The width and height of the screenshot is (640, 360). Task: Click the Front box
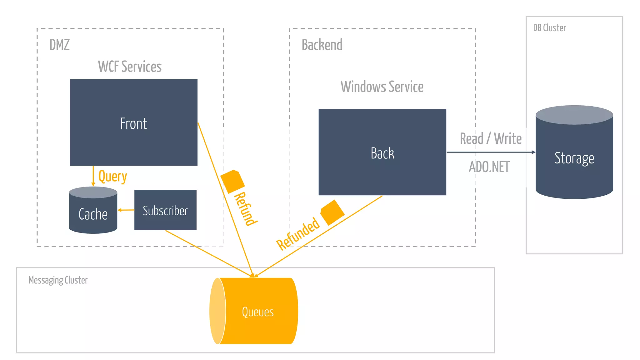click(133, 122)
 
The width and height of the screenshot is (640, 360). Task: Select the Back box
click(382, 152)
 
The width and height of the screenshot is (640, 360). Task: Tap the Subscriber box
click(165, 210)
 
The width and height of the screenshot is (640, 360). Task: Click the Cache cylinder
click(93, 212)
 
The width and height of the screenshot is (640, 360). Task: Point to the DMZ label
click(60, 45)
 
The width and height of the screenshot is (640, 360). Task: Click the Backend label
click(322, 45)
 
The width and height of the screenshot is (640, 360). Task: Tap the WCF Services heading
click(130, 67)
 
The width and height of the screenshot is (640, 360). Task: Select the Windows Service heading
click(382, 87)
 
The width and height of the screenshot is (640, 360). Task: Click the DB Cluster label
click(549, 28)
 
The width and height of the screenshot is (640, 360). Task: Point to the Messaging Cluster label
click(58, 280)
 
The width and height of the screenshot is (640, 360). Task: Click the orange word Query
click(112, 177)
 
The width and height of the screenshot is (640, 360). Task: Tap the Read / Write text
click(491, 138)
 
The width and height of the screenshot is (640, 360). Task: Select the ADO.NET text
click(489, 167)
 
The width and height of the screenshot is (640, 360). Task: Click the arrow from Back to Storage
click(491, 152)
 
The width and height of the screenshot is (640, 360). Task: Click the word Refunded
click(298, 234)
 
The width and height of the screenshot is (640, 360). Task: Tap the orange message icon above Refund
click(232, 181)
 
